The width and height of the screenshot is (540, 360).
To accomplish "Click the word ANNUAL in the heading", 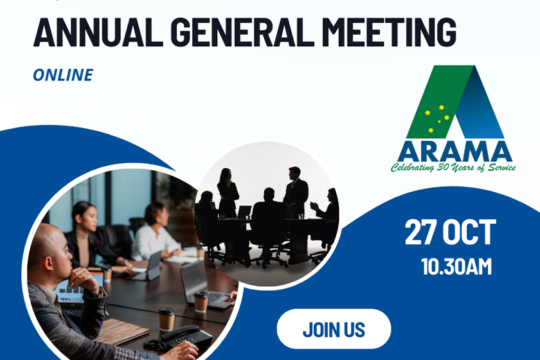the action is pos(98,32).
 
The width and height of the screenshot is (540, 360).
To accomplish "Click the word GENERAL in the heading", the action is pos(242,32).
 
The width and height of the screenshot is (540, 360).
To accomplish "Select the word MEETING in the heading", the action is pos(390,32).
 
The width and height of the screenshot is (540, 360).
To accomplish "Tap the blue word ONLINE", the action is pos(63,75).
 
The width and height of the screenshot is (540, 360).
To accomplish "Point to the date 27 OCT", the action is pos(451,233).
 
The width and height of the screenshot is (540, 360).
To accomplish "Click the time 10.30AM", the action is pos(456,267).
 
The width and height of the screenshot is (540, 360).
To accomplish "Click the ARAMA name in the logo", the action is pos(455,152).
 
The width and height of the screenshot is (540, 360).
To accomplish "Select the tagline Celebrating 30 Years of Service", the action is pos(453,167).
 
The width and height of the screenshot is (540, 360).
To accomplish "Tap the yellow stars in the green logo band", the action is pos(437,118).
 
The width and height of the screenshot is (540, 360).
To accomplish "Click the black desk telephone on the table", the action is pos(179,338).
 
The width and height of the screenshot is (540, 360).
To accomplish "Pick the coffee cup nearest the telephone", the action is pos(166,319).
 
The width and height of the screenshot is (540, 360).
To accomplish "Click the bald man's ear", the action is pos(49,263).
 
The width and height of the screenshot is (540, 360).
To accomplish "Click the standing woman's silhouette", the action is pos(228,192).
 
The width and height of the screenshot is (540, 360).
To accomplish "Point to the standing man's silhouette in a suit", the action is pos(296,191).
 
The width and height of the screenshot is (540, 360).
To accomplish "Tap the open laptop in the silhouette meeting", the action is pos(244,212).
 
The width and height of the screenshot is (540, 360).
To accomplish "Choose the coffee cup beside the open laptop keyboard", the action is pos(201,301).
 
